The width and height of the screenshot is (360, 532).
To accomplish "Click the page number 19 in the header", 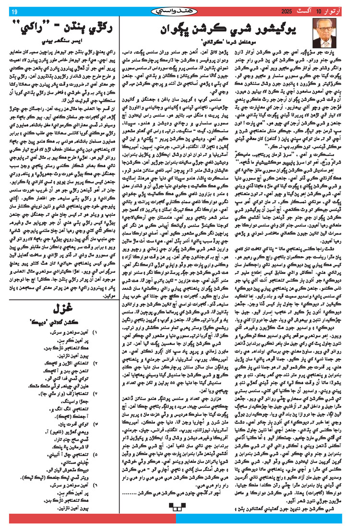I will point(13,12).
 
